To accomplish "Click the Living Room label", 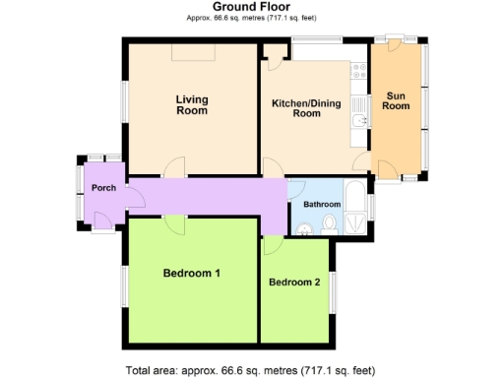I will click(192, 105).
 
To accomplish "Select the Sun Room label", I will click(397, 100).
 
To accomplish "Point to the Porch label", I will click(103, 188).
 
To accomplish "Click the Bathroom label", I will click(322, 204).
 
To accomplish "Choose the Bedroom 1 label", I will click(191, 273).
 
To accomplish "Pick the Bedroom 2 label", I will click(294, 283).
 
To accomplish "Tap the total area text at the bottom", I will click(250, 370).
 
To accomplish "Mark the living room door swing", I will click(173, 167).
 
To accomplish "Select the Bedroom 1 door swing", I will click(174, 224).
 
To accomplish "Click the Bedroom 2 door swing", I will click(270, 246).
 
